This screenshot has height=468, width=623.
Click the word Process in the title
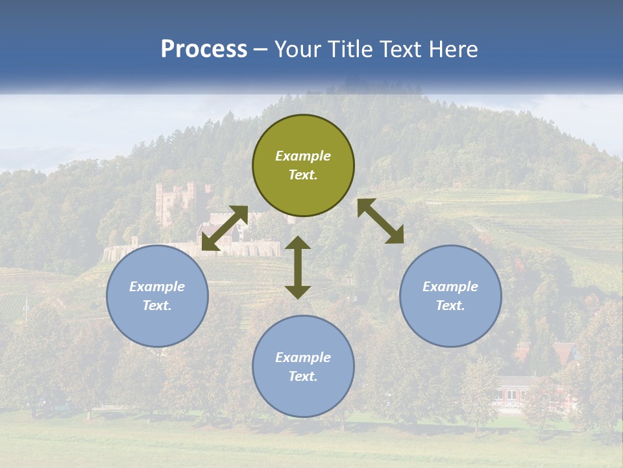pos(204,49)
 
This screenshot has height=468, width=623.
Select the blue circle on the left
pos(157,296)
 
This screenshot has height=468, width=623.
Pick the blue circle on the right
pos(450,296)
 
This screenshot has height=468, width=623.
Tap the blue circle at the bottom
pos(303,367)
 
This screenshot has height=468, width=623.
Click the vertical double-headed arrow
pos(298,267)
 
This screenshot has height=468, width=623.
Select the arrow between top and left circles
pos(225,228)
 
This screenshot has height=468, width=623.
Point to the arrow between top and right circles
pos(380,221)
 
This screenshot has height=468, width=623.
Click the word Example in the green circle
pos(303,156)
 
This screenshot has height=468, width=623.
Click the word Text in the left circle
pos(157,305)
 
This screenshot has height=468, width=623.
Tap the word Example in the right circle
pos(450,287)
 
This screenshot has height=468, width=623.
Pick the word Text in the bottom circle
pos(303,376)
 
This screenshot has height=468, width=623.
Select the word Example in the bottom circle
pos(303,357)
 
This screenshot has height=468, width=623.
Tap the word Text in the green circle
pos(303,175)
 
